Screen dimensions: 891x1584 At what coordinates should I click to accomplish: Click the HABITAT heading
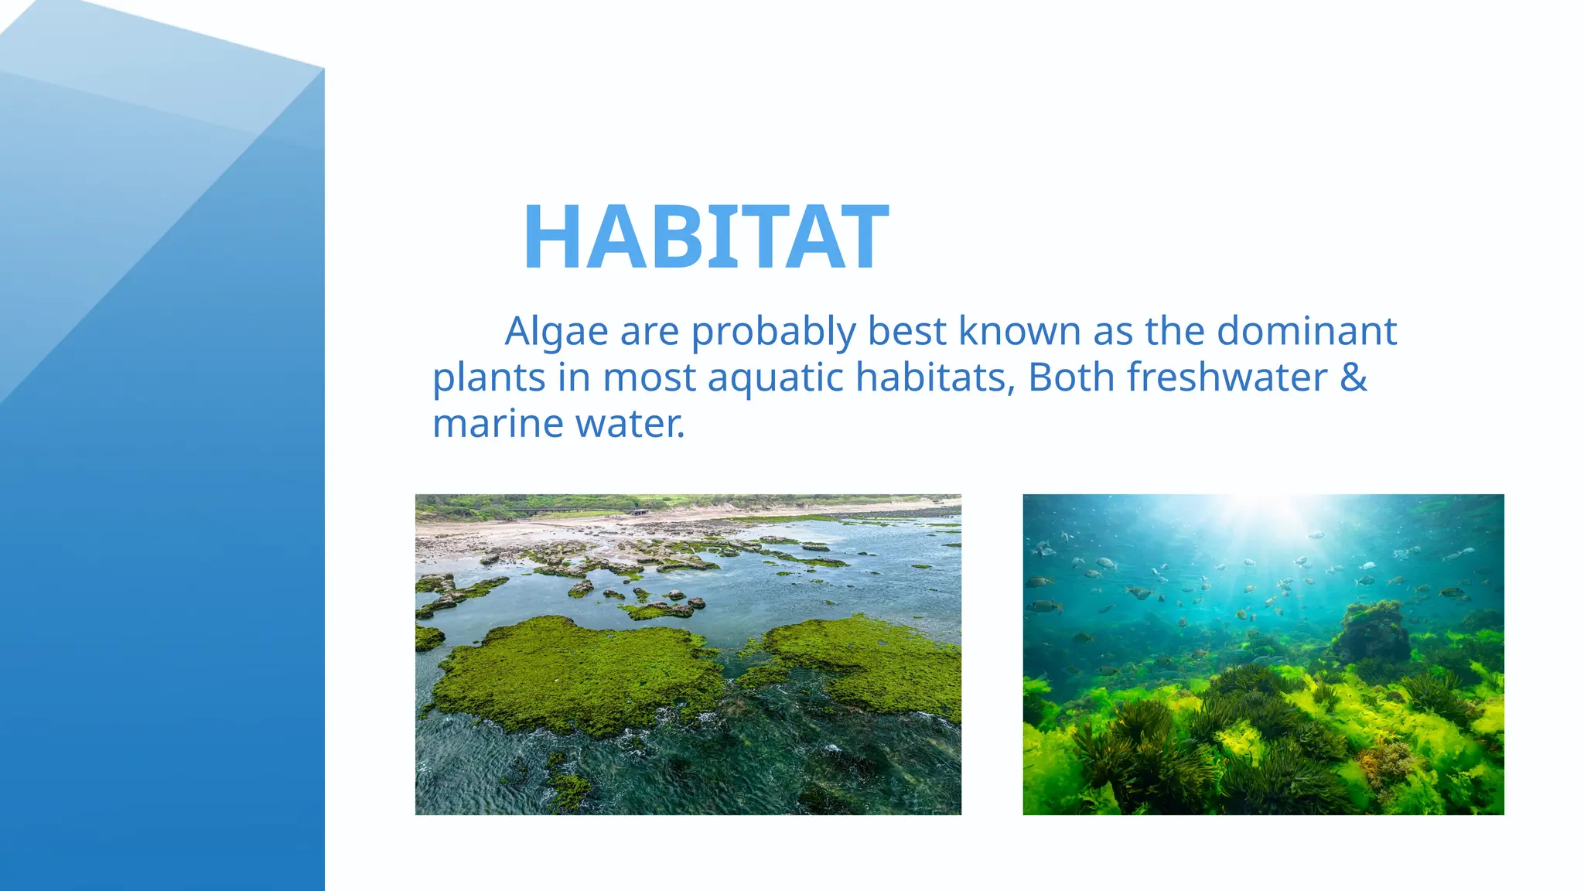click(705, 237)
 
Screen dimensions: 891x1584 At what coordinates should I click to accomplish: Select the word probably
click(773, 332)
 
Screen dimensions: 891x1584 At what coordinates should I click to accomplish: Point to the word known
click(1019, 332)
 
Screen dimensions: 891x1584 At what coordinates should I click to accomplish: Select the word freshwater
click(1227, 378)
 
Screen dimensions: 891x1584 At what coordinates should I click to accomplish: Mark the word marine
click(498, 425)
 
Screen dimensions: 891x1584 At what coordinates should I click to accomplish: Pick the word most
click(649, 378)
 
